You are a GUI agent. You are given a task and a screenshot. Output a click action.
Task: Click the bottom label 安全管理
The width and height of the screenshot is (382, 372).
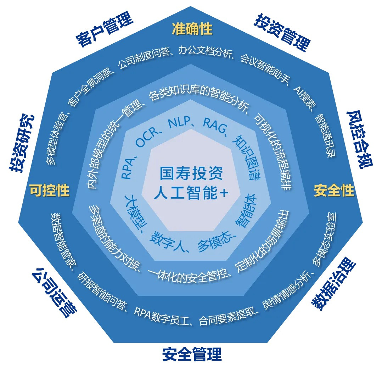(x=192, y=354)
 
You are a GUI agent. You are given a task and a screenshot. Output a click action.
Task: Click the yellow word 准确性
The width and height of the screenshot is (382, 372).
(x=192, y=29)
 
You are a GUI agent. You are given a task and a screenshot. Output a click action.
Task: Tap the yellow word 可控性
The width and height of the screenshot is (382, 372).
(x=49, y=190)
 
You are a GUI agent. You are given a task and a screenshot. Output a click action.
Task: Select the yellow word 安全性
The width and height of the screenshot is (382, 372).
(x=334, y=190)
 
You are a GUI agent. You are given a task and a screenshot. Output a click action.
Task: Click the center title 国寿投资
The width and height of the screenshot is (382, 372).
(x=191, y=174)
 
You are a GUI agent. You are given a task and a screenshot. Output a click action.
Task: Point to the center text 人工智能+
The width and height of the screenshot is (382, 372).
(x=191, y=193)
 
